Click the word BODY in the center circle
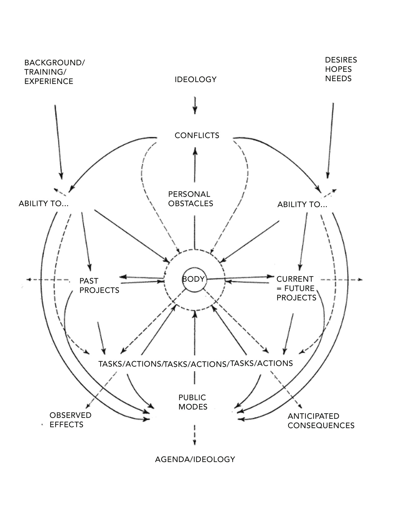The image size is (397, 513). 193,279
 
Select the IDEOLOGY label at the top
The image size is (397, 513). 196,80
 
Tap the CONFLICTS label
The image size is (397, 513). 197,135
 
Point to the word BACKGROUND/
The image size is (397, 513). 55,63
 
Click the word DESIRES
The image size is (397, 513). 341,60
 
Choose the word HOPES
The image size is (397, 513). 338,69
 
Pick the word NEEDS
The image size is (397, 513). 338,79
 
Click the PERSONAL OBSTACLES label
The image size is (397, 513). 190,199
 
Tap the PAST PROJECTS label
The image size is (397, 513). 99,286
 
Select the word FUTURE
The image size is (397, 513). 299,288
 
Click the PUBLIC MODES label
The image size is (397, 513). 193,402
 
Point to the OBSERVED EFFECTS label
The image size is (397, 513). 70,420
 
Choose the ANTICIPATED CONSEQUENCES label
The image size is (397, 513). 321,421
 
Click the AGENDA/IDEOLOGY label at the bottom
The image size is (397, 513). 195,459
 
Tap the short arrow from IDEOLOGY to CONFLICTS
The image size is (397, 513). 195,106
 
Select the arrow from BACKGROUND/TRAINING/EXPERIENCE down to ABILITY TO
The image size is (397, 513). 59,142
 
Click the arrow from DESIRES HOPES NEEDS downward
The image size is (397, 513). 330,141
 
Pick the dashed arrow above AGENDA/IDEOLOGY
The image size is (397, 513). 194,435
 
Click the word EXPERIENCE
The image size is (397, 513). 49,81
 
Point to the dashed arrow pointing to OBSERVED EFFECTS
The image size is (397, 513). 101,390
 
